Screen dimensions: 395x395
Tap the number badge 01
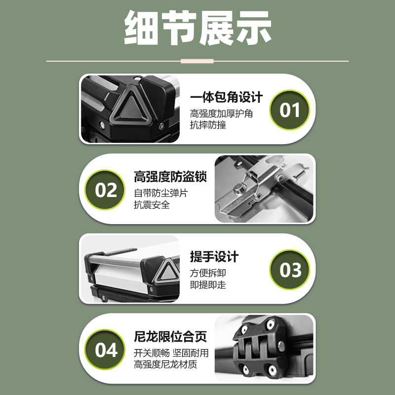[289, 110]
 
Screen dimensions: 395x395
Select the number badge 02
[106, 190]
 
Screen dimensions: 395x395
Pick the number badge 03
[289, 270]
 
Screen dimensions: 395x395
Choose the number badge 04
[106, 350]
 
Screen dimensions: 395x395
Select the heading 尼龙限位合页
[170, 337]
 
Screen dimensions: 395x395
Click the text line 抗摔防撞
[208, 125]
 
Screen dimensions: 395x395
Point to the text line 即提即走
[208, 285]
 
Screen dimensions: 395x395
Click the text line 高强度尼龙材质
[166, 365]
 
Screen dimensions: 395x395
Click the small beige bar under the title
[197, 61]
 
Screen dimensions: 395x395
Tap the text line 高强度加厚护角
[222, 113]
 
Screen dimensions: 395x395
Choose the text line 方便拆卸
[208, 273]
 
